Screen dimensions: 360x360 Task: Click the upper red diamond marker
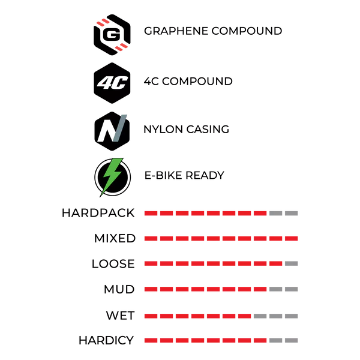(102, 23)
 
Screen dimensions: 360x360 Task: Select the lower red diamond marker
(121, 47)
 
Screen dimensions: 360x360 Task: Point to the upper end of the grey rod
(125, 113)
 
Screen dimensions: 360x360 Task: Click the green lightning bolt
(112, 176)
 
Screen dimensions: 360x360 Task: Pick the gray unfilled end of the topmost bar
(285, 212)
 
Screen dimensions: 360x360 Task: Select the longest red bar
(220, 239)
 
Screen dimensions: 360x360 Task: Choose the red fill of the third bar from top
(213, 263)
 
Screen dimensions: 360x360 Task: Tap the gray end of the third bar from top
(293, 263)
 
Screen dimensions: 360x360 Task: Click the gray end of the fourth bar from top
(285, 289)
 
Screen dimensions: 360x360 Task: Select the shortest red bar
(198, 316)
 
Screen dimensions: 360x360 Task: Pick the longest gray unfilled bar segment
(277, 316)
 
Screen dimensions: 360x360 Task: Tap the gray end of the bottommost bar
(285, 341)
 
